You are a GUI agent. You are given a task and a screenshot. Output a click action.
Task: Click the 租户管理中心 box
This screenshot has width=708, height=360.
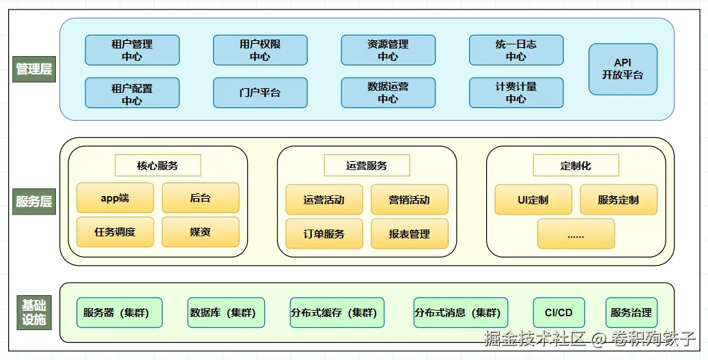coord(132,51)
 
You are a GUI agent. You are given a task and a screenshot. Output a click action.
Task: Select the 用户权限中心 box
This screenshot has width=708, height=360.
coord(259,51)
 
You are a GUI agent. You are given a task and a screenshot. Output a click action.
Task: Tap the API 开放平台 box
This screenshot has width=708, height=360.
coord(623,69)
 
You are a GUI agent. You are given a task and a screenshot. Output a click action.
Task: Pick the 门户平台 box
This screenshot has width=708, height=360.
coord(259,93)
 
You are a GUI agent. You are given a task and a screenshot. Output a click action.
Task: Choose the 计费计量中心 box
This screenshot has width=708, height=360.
coord(515,93)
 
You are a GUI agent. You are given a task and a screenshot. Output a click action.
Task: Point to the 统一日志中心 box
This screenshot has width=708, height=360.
coord(515,51)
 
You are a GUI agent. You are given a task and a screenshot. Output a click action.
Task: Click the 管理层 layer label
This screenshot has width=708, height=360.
coord(33,69)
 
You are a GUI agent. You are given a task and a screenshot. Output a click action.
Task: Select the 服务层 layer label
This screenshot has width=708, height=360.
coord(33,202)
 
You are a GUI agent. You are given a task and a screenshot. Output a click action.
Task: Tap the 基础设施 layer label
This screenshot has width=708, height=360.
coord(33,313)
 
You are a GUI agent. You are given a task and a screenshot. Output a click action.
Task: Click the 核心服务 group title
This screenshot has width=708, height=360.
coord(158,165)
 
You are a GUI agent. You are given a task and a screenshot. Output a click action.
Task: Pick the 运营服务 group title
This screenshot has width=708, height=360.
coord(367,165)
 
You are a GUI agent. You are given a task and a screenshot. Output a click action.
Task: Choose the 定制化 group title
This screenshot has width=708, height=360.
coord(576,165)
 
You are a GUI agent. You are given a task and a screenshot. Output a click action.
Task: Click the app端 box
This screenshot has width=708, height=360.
coord(115,198)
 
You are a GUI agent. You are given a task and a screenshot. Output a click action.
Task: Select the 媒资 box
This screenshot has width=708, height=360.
coord(200,232)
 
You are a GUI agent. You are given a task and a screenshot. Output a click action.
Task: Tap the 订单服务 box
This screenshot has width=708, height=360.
coord(324,234)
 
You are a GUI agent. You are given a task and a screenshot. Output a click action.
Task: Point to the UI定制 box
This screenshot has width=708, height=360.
coord(533,199)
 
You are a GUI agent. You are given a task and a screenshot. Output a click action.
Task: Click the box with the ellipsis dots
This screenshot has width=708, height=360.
coord(576,234)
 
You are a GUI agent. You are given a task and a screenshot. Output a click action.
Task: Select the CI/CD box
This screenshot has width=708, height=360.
coord(558,313)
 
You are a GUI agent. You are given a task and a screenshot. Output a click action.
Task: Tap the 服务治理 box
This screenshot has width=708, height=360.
coord(631,313)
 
